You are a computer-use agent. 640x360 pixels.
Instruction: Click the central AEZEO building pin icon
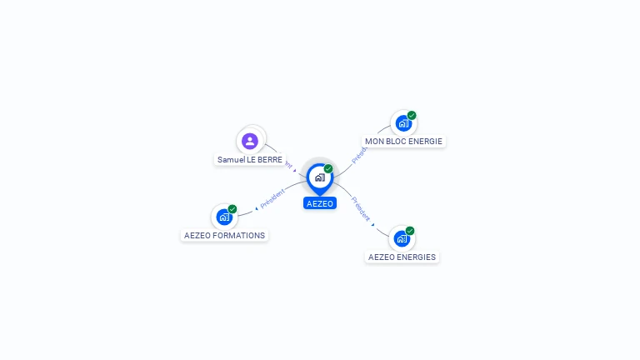click(319, 177)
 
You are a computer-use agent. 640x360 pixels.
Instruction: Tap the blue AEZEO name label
click(320, 203)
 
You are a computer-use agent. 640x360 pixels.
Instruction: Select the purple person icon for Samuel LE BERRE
click(249, 141)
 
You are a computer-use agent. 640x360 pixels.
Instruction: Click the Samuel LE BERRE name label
click(250, 159)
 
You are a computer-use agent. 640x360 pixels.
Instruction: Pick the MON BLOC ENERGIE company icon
click(403, 123)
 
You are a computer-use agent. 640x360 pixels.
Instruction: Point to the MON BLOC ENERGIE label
click(403, 142)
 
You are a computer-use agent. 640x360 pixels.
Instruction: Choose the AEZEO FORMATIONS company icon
click(224, 217)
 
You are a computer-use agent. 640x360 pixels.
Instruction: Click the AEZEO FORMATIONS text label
click(224, 235)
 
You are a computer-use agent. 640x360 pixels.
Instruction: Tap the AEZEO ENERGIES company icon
click(402, 238)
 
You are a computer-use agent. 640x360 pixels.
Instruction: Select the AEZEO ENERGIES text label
click(402, 257)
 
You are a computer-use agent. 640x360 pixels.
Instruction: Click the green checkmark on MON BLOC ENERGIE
click(412, 115)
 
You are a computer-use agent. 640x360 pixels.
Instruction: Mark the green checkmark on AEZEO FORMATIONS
click(232, 208)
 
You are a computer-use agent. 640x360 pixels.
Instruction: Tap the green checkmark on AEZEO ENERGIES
click(410, 231)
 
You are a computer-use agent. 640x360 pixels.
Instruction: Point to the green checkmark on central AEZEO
click(328, 168)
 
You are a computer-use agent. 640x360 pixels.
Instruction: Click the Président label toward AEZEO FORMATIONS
click(272, 198)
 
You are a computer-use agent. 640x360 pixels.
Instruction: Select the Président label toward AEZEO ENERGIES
click(360, 208)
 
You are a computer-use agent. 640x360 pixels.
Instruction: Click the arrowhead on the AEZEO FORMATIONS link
click(256, 207)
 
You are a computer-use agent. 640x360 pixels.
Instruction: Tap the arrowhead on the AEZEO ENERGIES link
click(372, 223)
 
